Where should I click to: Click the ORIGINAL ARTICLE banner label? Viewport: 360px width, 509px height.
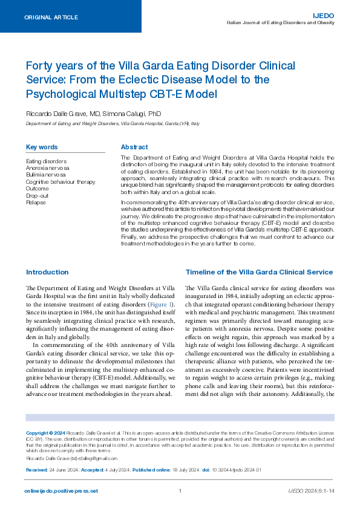pos(51,18)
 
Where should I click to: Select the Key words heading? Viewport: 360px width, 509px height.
pos(42,147)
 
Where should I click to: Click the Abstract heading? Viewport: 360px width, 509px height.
pos(134,147)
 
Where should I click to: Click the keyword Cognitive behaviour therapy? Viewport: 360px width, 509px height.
pos(61,181)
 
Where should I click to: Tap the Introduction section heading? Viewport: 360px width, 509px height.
pos(47,272)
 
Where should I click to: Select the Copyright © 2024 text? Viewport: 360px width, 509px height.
pos(46,433)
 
